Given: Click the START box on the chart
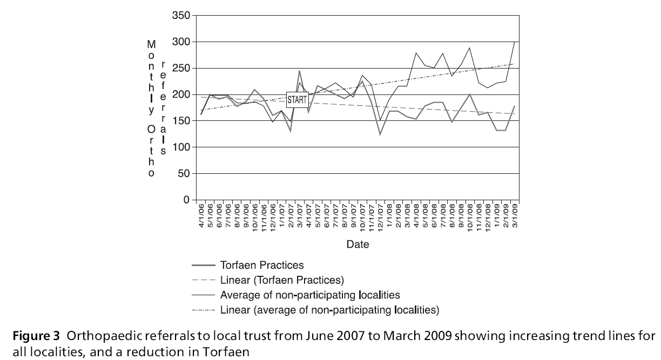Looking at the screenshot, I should pos(296,100).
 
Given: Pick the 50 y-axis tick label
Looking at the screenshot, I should pos(184,174).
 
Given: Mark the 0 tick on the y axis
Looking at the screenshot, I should pos(187,200).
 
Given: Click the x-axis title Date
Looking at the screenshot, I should pos(358,244).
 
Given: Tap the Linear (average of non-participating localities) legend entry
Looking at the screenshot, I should pos(329,310).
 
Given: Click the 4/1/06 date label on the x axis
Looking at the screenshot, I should pos(201,215).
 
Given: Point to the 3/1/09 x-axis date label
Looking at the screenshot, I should pos(515,215).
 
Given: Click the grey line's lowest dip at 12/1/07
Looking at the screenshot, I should pos(380,134).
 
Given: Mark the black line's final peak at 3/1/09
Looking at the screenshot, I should pos(515,42).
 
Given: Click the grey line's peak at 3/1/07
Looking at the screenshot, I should pos(299,71).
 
